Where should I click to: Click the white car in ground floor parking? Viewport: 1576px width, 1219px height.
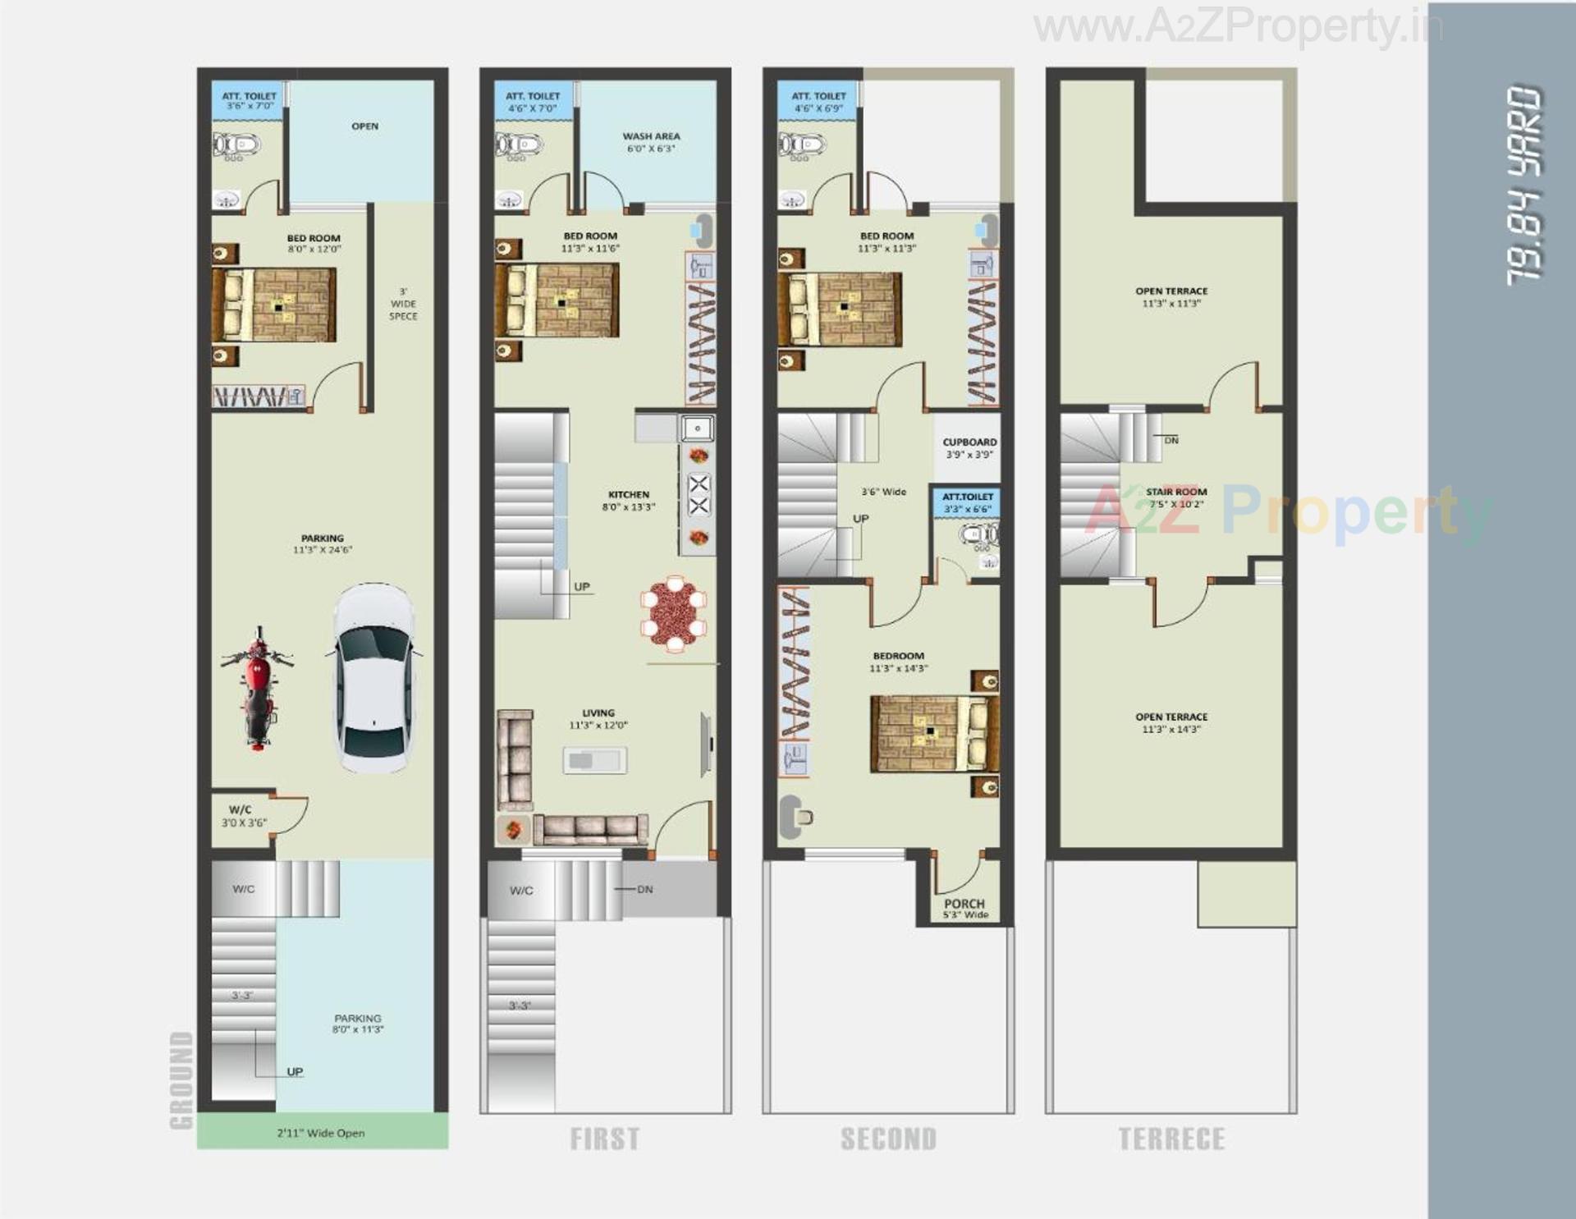point(374,678)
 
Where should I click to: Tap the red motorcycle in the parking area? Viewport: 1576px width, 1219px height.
point(258,688)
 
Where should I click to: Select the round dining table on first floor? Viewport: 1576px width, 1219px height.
point(674,613)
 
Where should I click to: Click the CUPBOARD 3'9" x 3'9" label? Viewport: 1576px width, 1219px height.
point(969,447)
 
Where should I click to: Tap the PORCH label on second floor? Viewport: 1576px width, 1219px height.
point(964,907)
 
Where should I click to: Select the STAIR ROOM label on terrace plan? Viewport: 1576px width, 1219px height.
point(1176,497)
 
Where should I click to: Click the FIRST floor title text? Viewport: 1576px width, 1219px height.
point(605,1139)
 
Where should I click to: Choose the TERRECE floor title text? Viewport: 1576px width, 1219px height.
point(1171,1139)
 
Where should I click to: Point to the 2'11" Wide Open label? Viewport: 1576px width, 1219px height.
point(321,1133)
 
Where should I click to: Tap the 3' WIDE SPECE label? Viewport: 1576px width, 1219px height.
point(403,304)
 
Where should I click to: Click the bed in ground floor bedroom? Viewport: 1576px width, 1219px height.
point(274,305)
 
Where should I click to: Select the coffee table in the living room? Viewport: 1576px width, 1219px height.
point(595,760)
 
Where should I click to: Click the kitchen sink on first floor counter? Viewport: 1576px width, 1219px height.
point(698,428)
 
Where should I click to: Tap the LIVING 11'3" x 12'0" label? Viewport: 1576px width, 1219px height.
point(598,719)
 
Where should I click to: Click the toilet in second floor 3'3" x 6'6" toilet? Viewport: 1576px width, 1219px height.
point(977,535)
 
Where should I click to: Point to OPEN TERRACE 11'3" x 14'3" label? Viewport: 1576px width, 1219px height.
point(1171,722)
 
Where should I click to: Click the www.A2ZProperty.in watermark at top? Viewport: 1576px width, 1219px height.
point(1237,27)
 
